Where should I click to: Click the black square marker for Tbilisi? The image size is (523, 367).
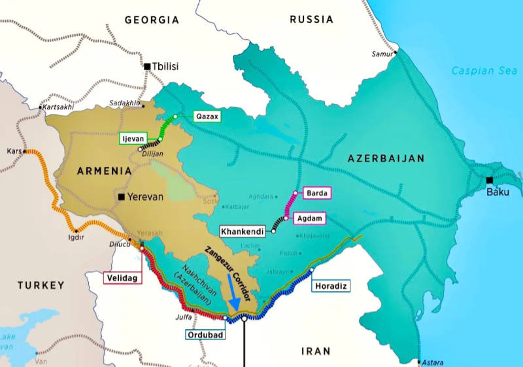(147, 66)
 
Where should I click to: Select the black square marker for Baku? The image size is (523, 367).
(490, 180)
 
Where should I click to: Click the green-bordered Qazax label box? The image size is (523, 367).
(207, 117)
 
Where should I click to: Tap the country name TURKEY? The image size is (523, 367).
(41, 285)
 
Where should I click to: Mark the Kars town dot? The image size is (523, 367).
(24, 151)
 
